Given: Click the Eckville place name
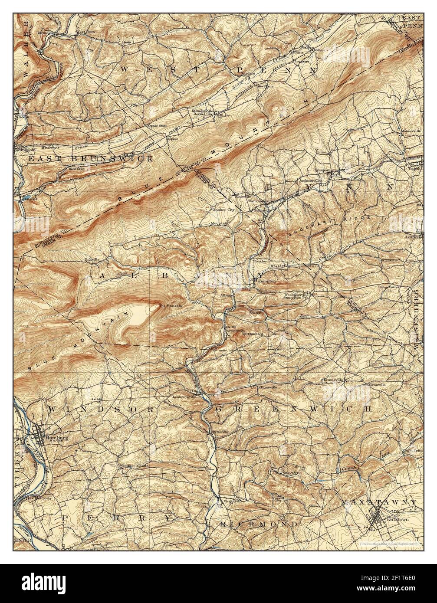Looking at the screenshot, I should pos(92,259).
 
